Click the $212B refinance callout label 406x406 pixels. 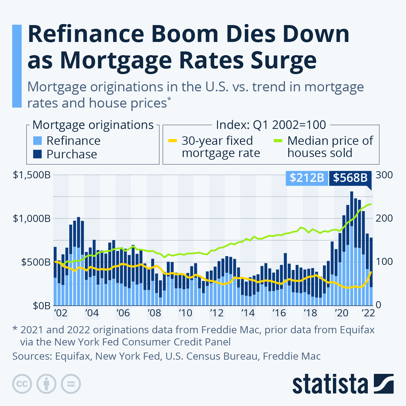click(307, 178)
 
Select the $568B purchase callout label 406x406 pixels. click(350, 178)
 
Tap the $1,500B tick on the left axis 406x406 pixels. click(32, 175)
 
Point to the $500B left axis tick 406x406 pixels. click(36, 262)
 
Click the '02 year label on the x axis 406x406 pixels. click(61, 313)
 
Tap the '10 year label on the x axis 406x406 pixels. click(185, 313)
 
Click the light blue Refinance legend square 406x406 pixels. click(38, 141)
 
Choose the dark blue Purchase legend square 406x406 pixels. click(38, 154)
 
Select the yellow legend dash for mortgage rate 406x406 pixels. click(172, 141)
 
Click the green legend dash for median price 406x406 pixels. click(278, 141)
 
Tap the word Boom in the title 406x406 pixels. click(184, 35)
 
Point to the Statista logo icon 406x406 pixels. click(384, 384)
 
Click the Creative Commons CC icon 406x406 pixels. click(22, 384)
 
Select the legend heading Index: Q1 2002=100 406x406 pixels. click(271, 125)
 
